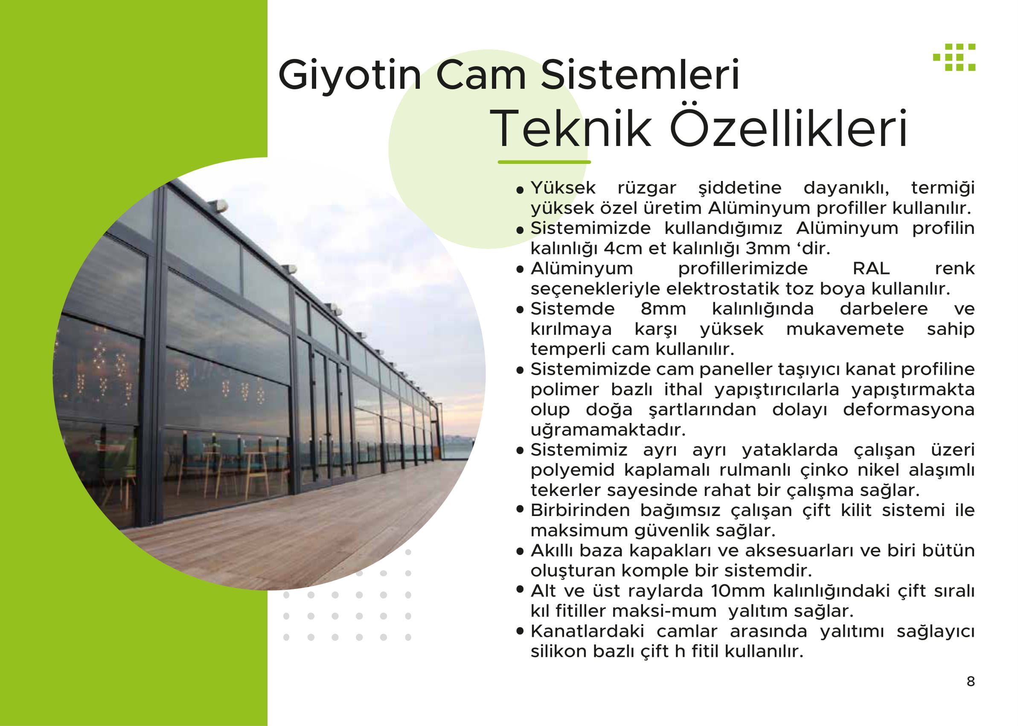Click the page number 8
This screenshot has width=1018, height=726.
click(x=971, y=681)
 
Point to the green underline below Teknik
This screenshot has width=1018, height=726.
click(x=544, y=162)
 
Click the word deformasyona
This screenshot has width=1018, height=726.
click(x=909, y=410)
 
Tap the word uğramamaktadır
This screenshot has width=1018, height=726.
click(x=608, y=430)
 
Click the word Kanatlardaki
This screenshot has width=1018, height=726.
click(x=587, y=631)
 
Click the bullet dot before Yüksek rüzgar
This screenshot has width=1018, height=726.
click(x=520, y=190)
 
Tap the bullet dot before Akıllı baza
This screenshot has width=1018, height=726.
click(x=520, y=553)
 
